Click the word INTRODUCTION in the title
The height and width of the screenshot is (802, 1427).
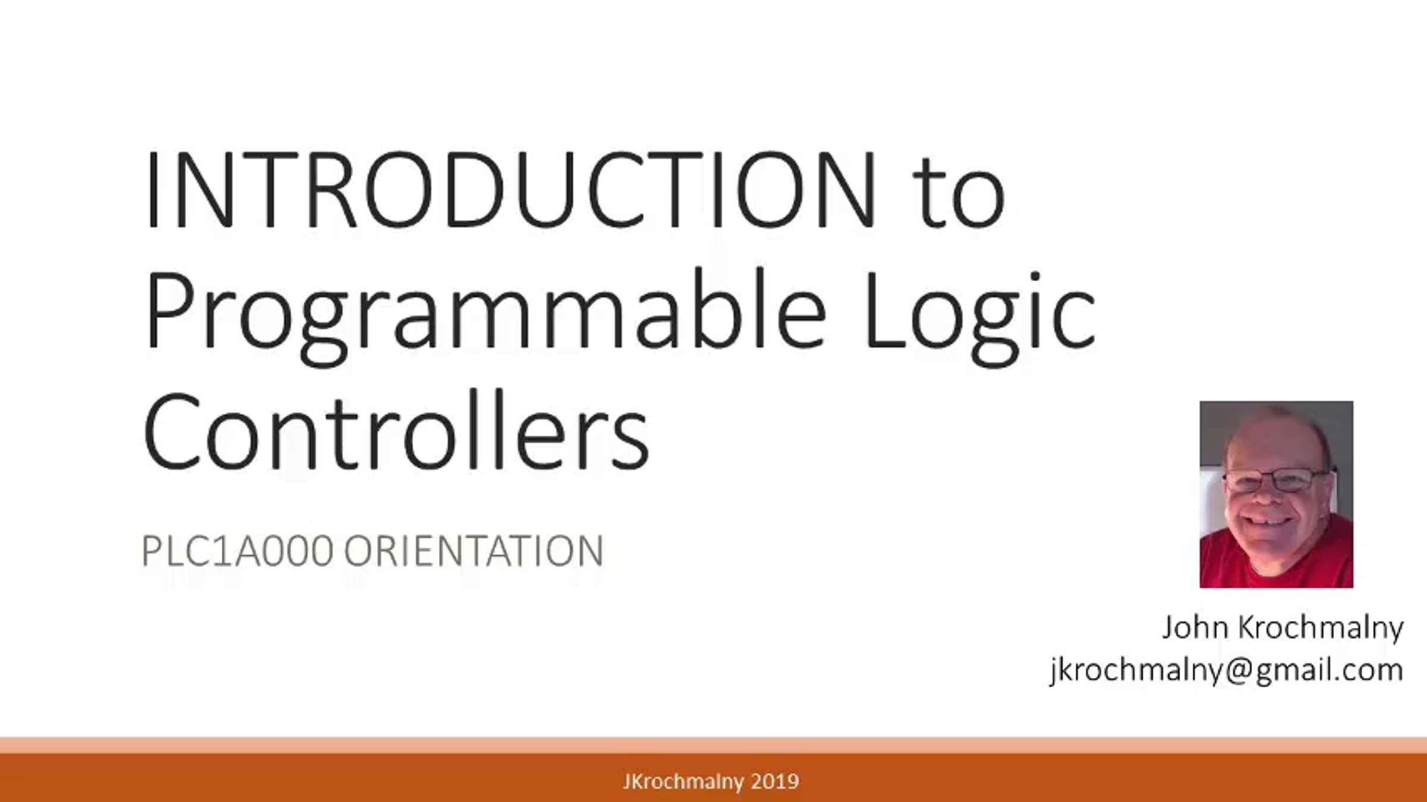510,190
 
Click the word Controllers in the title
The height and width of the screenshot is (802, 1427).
396,429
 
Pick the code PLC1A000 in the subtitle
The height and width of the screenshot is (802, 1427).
237,551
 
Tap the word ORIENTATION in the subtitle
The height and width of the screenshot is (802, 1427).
474,551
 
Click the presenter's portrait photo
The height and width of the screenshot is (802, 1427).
1276,495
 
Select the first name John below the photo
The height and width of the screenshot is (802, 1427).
1195,628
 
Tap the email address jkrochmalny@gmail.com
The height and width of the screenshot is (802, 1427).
1227,671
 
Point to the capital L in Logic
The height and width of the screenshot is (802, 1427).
885,310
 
